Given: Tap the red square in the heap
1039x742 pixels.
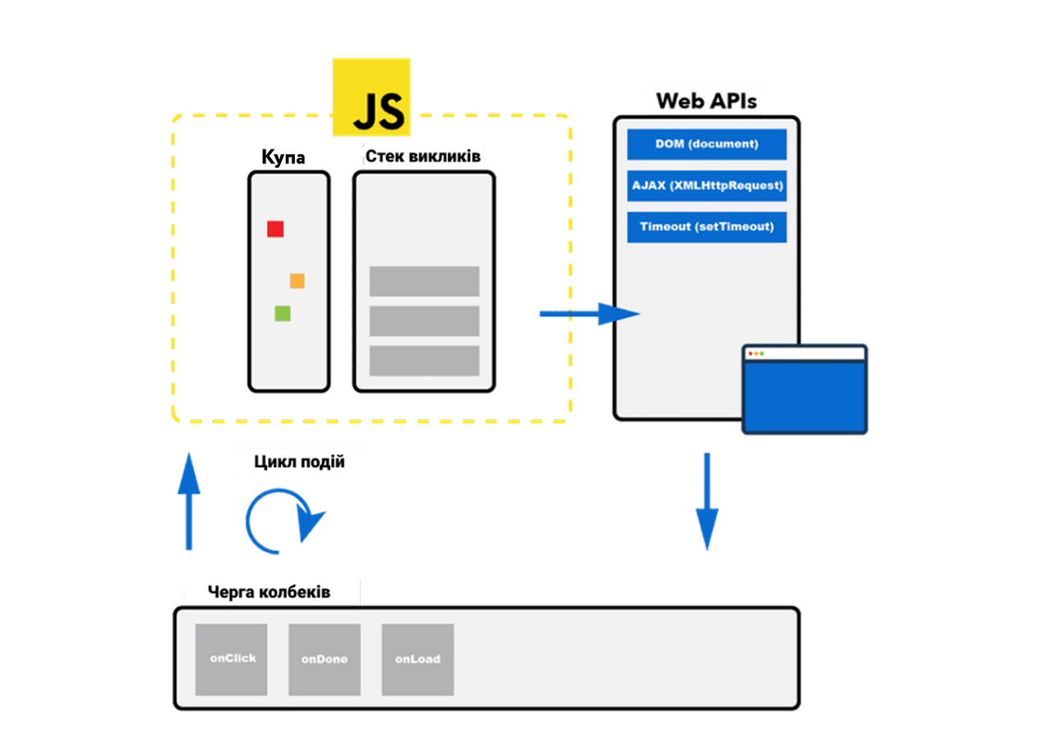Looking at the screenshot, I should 276,229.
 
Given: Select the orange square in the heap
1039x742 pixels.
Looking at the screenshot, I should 297,281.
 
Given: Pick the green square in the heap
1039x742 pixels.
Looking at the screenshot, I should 283,313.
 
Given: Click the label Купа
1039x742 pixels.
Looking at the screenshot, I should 283,158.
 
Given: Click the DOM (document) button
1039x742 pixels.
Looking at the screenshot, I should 707,145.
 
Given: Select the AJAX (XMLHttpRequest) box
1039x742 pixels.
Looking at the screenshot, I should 707,185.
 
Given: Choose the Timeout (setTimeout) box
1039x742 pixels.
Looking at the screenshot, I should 707,227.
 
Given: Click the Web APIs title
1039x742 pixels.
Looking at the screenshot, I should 706,100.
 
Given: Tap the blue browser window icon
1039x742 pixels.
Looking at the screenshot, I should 805,390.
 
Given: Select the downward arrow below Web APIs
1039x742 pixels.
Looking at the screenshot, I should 707,501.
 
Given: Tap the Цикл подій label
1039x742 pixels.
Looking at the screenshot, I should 299,462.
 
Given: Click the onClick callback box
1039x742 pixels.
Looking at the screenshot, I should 232,659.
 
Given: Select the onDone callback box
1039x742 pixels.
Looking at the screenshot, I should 325,659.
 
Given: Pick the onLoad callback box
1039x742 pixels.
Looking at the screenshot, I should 417,659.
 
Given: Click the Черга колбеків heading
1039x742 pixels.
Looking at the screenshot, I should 270,592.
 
